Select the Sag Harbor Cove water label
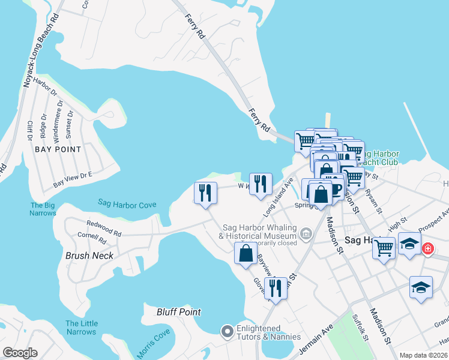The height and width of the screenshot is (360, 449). point(127,205)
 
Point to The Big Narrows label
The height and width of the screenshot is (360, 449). point(43,209)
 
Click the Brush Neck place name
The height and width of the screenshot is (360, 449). point(89,255)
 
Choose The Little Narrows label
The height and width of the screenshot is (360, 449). point(81,328)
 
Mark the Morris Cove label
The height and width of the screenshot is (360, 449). point(153,343)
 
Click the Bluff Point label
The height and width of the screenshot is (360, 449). point(178,312)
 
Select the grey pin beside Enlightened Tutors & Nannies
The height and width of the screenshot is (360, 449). point(227,331)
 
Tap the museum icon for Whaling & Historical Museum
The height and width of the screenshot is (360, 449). point(307,233)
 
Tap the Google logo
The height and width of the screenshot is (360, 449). point(20,353)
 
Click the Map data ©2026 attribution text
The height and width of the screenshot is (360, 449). point(423,355)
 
